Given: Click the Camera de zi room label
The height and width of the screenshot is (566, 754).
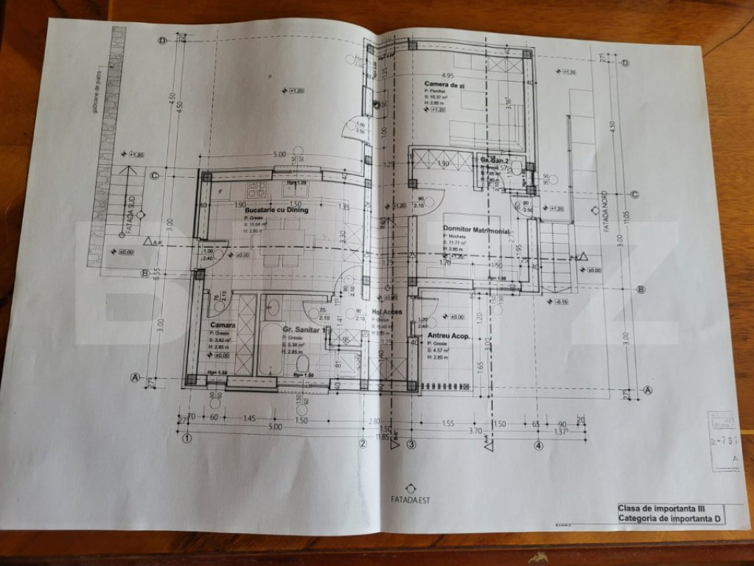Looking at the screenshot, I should tap(444, 86).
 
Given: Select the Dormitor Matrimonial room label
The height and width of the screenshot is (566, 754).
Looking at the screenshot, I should tap(477, 230).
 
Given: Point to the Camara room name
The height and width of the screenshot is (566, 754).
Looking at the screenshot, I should tap(222, 325).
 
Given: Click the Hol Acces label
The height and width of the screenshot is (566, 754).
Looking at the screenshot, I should tap(387, 312).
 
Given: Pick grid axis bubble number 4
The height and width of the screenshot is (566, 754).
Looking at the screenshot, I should tap(539, 445).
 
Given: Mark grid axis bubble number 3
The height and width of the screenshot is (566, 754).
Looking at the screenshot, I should tap(411, 444).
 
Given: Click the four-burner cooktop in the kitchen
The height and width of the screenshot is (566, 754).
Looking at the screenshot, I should tap(257, 189).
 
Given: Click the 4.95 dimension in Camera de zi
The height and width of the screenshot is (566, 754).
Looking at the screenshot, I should tap(446, 75).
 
